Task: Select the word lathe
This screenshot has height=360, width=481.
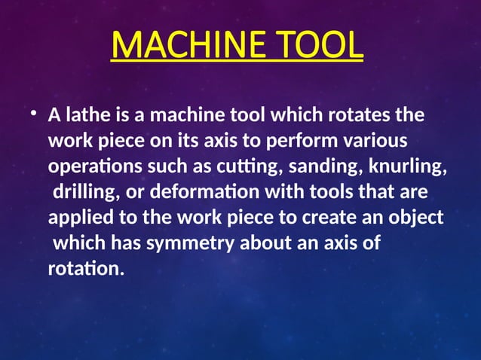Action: (84, 117)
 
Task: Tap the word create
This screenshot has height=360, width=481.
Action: (333, 218)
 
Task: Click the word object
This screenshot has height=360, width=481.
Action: (418, 218)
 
